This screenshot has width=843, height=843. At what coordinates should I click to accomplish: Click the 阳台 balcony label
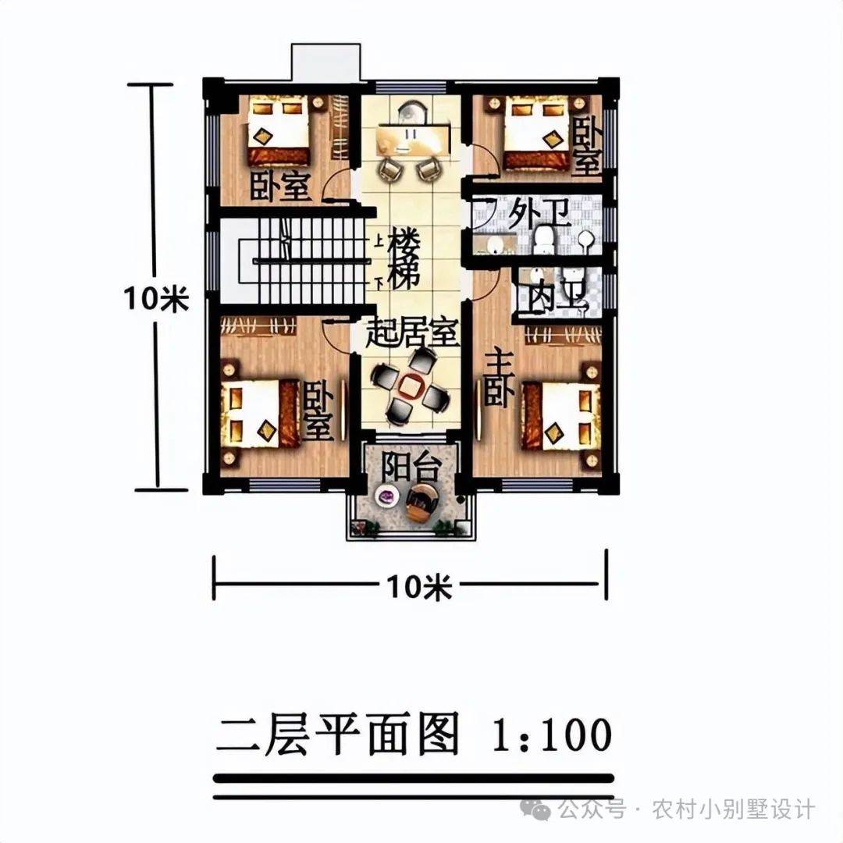411,467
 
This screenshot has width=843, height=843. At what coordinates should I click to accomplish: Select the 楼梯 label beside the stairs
404,259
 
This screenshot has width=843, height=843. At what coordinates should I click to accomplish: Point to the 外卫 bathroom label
539,214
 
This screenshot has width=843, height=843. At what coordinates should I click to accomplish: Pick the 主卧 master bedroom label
498,379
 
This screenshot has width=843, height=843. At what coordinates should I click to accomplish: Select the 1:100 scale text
552,734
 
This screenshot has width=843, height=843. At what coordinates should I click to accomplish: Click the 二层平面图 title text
338,735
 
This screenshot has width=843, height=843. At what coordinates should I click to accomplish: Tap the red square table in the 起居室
411,386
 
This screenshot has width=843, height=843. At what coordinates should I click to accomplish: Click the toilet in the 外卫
544,240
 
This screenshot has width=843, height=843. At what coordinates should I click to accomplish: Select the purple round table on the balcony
386,495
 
